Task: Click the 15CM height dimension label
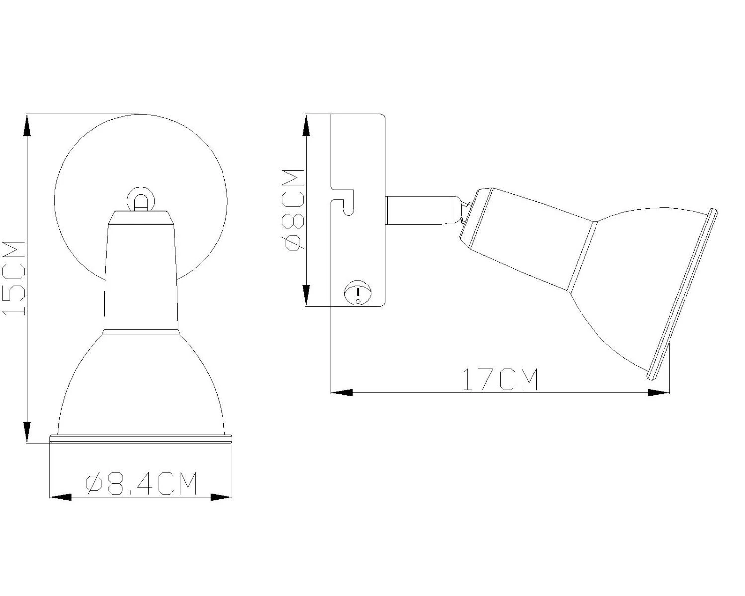[14, 279]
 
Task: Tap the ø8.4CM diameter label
[141, 483]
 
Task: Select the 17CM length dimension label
[501, 379]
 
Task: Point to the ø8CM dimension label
[293, 210]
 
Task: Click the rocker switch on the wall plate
[358, 293]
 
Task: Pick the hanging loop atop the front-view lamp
[140, 200]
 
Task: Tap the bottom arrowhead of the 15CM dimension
[27, 432]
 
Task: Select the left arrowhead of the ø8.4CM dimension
[61, 497]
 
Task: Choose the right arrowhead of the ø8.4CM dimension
[221, 497]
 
